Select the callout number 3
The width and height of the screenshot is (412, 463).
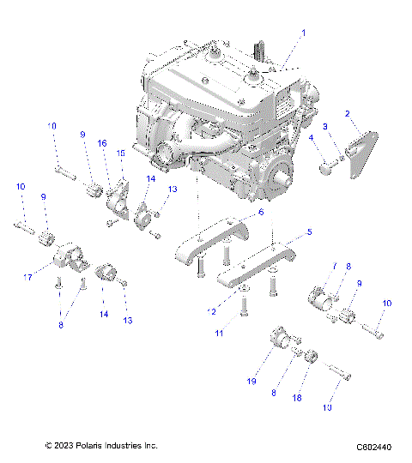tap(324, 127)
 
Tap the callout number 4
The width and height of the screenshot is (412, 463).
tap(311, 137)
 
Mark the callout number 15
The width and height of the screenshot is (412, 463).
tap(120, 153)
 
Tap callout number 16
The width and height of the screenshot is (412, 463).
tap(101, 143)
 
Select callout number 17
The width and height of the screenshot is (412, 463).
tap(28, 277)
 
